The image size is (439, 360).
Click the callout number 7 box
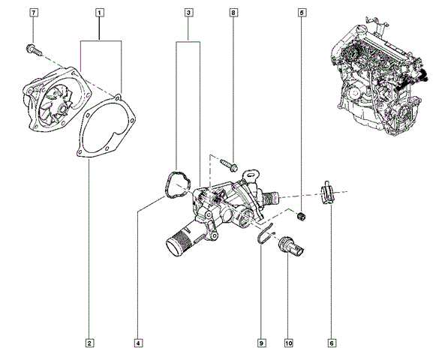pyautogui.click(x=33, y=13)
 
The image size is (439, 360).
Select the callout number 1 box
pyautogui.click(x=100, y=13)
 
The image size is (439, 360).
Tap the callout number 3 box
pyautogui.click(x=189, y=13)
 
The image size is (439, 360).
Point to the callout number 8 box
pyautogui.click(x=233, y=13)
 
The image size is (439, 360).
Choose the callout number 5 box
pyautogui.click(x=302, y=13)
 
